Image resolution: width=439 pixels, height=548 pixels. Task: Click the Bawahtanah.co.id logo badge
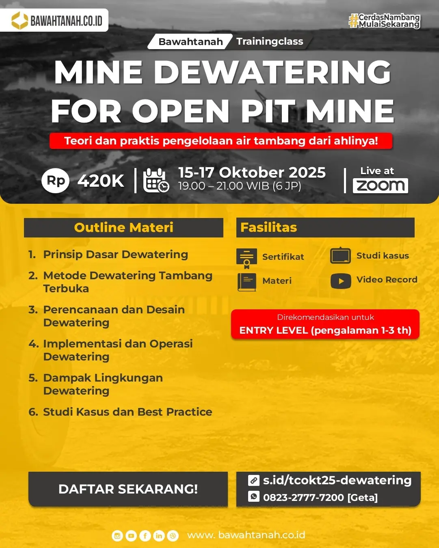54,20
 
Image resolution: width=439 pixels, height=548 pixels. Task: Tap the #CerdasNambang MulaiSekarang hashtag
384,21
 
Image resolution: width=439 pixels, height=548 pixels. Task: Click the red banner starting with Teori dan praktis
221,141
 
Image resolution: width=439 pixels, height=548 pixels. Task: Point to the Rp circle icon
56,181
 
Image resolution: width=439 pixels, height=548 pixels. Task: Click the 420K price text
101,181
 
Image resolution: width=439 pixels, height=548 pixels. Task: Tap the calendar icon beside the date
156,180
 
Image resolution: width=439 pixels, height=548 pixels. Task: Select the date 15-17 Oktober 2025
252,173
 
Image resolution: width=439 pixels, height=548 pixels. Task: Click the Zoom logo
380,186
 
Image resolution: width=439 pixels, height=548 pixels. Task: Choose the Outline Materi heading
123,227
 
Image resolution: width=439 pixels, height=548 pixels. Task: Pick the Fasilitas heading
269,227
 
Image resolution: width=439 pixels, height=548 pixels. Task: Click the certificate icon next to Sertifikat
247,258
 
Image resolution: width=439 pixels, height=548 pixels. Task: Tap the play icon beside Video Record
341,281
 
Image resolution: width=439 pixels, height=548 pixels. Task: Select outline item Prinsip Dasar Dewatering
115,255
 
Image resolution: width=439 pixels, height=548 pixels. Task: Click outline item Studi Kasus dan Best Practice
128,412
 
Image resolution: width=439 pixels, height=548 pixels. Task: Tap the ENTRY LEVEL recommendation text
325,330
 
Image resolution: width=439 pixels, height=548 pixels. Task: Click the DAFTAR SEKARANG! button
128,489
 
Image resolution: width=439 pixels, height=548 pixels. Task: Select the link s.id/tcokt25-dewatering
337,480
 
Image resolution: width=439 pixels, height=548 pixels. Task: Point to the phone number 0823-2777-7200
303,498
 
